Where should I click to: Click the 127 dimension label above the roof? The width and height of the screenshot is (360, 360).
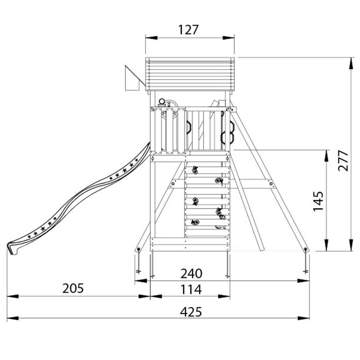188,30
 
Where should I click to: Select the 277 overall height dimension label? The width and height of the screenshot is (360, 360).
343,161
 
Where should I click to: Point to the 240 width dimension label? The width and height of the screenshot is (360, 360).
191,274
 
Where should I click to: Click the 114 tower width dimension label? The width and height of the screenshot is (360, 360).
191,289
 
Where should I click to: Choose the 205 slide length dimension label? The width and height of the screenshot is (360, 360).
73,288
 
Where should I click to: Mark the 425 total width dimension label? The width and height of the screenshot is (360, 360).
191,312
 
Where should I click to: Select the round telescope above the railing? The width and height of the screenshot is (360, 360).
162,102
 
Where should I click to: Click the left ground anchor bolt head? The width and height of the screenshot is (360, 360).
139,249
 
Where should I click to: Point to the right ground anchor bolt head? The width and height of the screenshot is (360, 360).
306,249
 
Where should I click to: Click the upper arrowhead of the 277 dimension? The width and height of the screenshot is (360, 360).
352,64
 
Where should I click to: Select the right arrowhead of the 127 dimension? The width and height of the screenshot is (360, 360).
228,38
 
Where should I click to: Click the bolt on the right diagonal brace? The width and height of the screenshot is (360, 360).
271,184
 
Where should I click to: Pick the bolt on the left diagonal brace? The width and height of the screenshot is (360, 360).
173,184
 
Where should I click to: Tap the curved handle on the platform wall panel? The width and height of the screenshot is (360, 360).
188,127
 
